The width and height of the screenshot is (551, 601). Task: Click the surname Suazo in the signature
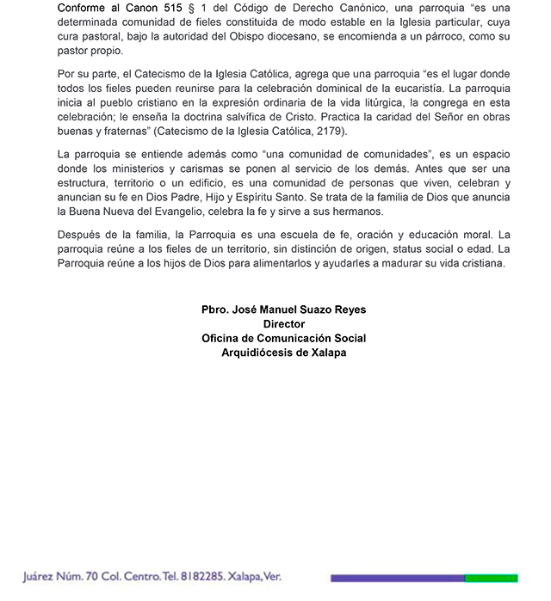tap(300, 310)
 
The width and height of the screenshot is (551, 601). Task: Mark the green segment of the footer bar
tap(491, 579)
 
